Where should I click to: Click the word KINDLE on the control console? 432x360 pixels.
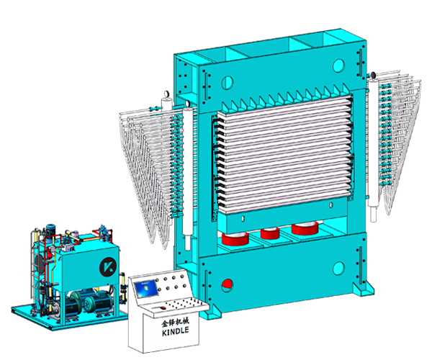point(175,331)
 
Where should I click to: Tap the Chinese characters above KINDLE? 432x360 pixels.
point(175,322)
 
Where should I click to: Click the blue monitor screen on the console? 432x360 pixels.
point(146,289)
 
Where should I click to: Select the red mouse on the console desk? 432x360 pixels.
point(163,307)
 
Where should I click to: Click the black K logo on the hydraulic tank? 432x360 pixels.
point(108,266)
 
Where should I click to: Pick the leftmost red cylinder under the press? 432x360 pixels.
point(235,238)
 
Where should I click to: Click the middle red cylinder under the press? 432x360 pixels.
point(270,233)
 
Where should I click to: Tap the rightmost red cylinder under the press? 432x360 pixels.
point(305,228)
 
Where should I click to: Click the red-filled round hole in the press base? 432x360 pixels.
point(227,285)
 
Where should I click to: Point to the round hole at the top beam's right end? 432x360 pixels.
point(338,66)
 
